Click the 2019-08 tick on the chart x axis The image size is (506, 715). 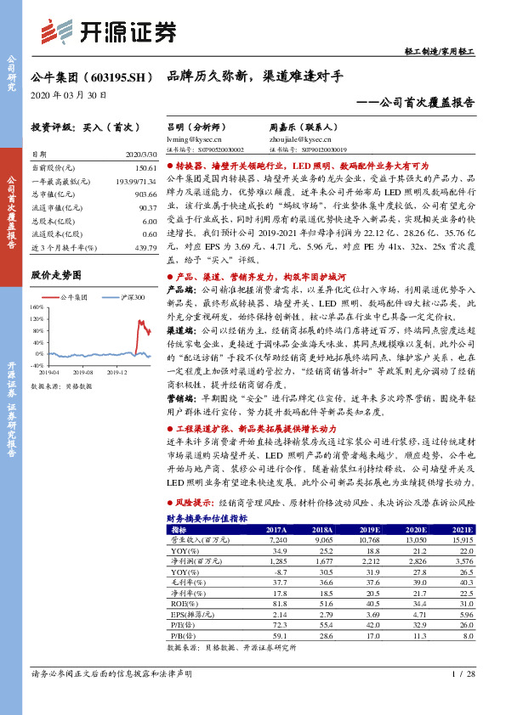(x=83, y=371)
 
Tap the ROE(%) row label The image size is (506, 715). (x=182, y=602)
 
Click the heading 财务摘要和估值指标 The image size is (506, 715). (x=207, y=517)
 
